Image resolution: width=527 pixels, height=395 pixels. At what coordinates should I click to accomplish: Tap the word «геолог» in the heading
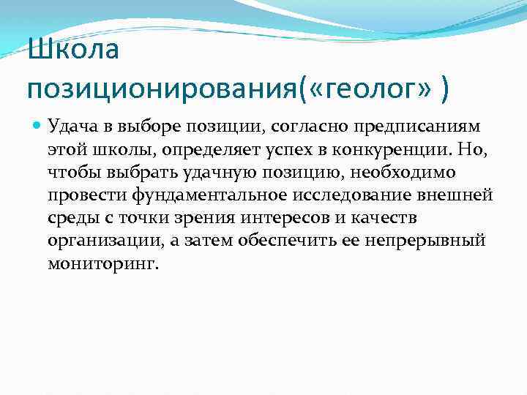coord(375,90)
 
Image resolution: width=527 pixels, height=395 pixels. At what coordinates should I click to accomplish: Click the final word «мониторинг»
coord(102,264)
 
